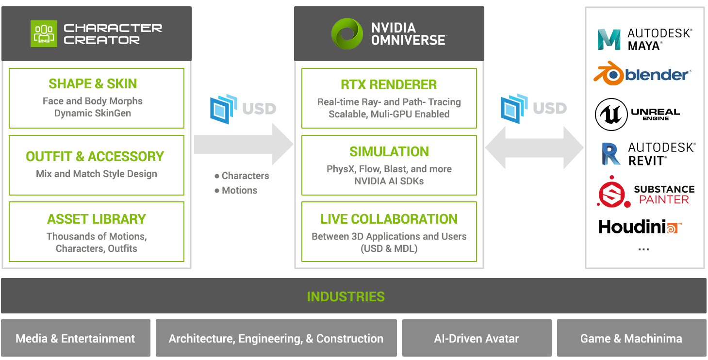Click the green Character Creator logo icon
tap(44, 33)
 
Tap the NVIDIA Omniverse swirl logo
tap(347, 33)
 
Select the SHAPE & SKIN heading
tap(93, 83)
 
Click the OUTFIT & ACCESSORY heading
tap(95, 156)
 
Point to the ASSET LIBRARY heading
tap(96, 219)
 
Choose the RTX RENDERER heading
tap(389, 84)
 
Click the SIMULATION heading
tap(389, 151)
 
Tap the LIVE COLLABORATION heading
tap(389, 219)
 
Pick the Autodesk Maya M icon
tap(609, 40)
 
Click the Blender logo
tap(642, 74)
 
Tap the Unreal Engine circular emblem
tap(611, 115)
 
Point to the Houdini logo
tap(640, 227)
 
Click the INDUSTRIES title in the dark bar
tap(346, 296)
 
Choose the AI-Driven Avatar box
tap(477, 339)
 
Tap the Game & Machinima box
tap(631, 339)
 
